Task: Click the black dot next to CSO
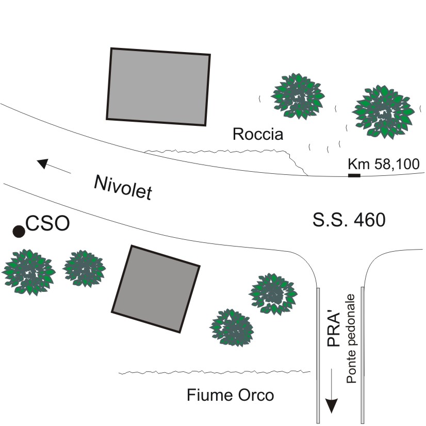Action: tap(19, 232)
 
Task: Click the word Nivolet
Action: tap(123, 187)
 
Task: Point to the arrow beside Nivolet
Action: tap(54, 166)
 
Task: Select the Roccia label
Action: tap(258, 135)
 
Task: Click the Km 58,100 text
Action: tap(384, 164)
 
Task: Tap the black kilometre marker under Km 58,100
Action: tap(354, 176)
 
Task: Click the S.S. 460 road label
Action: tap(349, 220)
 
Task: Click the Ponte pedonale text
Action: tap(352, 339)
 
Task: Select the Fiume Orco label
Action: tap(230, 396)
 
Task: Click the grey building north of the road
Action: tap(158, 87)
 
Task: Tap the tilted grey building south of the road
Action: tap(155, 289)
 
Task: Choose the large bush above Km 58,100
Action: tap(383, 111)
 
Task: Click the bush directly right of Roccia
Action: tap(298, 95)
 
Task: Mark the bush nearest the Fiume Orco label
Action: tap(232, 327)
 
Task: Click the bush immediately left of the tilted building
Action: tap(84, 268)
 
